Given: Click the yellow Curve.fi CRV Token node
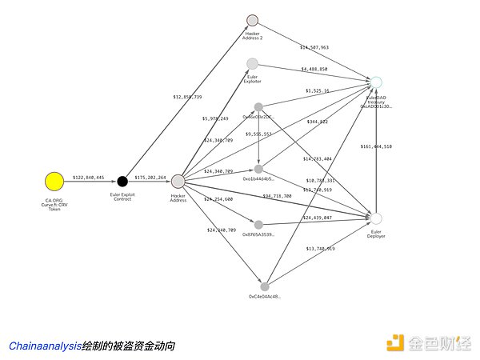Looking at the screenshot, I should pyautogui.click(x=54, y=181).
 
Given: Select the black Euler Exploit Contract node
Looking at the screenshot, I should pyautogui.click(x=122, y=181).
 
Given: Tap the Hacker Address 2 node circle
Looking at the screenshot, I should pyautogui.click(x=253, y=20).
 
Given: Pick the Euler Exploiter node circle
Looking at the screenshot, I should pyautogui.click(x=253, y=64).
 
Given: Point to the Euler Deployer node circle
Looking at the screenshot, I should pyautogui.click(x=377, y=218).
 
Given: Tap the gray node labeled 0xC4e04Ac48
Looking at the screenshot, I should pyautogui.click(x=265, y=286).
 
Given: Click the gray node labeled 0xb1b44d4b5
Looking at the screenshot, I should pyautogui.click(x=258, y=169).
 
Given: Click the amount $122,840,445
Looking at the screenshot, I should pyautogui.click(x=88, y=177).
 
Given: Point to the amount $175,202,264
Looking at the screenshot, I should pyautogui.click(x=150, y=177).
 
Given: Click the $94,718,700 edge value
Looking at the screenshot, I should pyautogui.click(x=278, y=196).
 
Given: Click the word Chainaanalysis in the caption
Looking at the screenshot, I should pyautogui.click(x=45, y=346).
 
